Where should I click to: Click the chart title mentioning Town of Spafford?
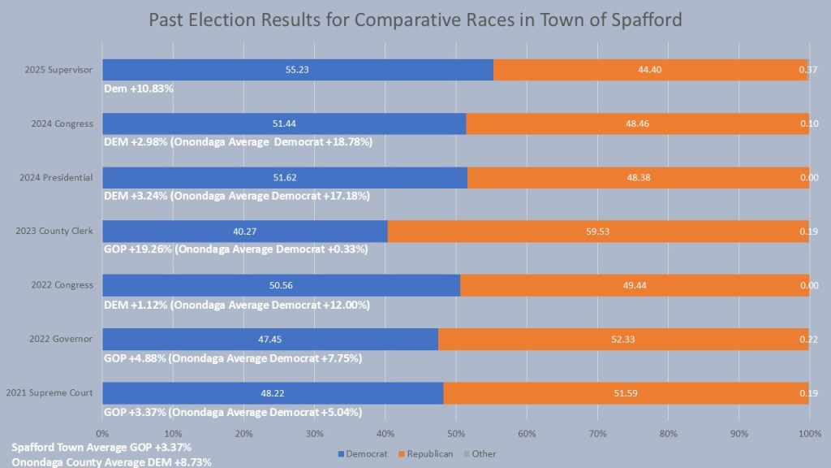[415, 20]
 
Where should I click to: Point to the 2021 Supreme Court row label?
[50, 392]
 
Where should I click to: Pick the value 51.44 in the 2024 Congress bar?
[284, 123]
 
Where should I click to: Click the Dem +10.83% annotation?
[139, 88]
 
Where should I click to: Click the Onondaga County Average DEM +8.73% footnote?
[100, 461]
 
